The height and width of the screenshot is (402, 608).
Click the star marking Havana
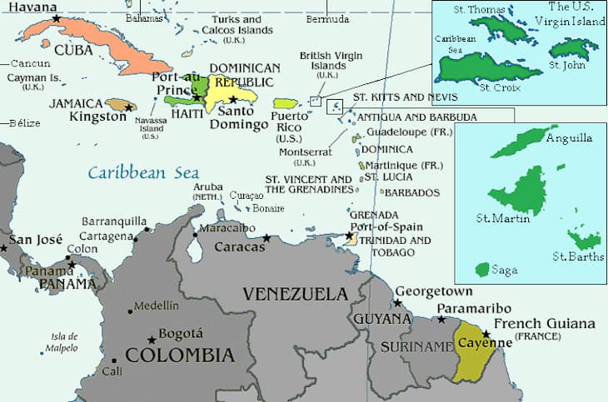(56, 18)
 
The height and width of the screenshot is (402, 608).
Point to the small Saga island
(481, 270)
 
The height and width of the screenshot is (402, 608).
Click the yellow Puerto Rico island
(287, 103)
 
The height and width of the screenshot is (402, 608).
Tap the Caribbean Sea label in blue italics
(144, 173)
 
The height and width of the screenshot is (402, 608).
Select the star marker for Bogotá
(151, 340)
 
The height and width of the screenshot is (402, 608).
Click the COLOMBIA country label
(176, 355)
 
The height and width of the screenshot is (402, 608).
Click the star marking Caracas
(267, 239)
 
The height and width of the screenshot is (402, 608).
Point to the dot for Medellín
(130, 311)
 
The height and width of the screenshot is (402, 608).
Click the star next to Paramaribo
(441, 319)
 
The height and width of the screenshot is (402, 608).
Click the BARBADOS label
(411, 192)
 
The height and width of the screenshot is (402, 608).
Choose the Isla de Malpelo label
(59, 342)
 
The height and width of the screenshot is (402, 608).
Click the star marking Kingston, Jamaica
(128, 107)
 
